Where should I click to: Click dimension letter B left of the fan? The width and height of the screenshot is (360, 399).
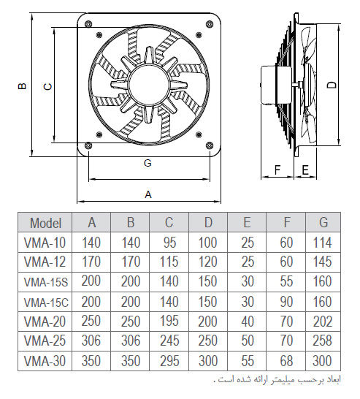point(23,86)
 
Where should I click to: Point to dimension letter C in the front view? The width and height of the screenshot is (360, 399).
point(47,87)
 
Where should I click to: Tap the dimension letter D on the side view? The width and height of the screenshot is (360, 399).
point(332,85)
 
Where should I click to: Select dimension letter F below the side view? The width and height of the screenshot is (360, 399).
point(277,170)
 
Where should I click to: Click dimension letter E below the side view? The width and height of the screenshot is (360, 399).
point(305,170)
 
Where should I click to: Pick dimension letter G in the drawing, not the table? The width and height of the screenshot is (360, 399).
point(148,163)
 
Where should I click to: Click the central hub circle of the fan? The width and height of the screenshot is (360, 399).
point(149,84)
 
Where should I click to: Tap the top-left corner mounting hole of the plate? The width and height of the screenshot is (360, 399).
point(88,23)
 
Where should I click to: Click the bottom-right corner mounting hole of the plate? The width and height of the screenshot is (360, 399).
point(210,145)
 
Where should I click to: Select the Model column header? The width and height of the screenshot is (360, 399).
point(45,223)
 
